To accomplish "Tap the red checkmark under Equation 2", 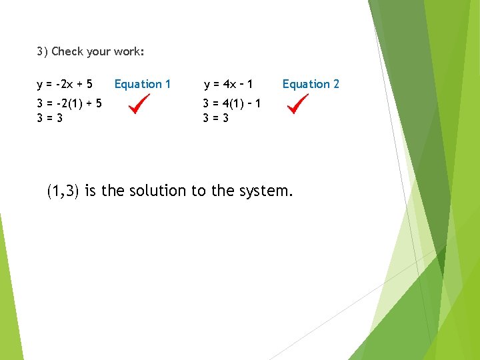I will [297, 104].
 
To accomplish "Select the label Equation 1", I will [143, 84].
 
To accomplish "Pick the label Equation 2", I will [311, 84].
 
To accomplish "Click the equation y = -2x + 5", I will [65, 85].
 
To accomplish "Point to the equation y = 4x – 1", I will [228, 85].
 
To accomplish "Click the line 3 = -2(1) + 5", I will [69, 103].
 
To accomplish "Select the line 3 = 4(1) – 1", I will [231, 103].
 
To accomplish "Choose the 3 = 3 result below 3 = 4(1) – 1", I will [216, 117].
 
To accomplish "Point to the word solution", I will [157, 191].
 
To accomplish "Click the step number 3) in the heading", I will [42, 51].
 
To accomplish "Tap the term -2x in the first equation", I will [65, 85].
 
